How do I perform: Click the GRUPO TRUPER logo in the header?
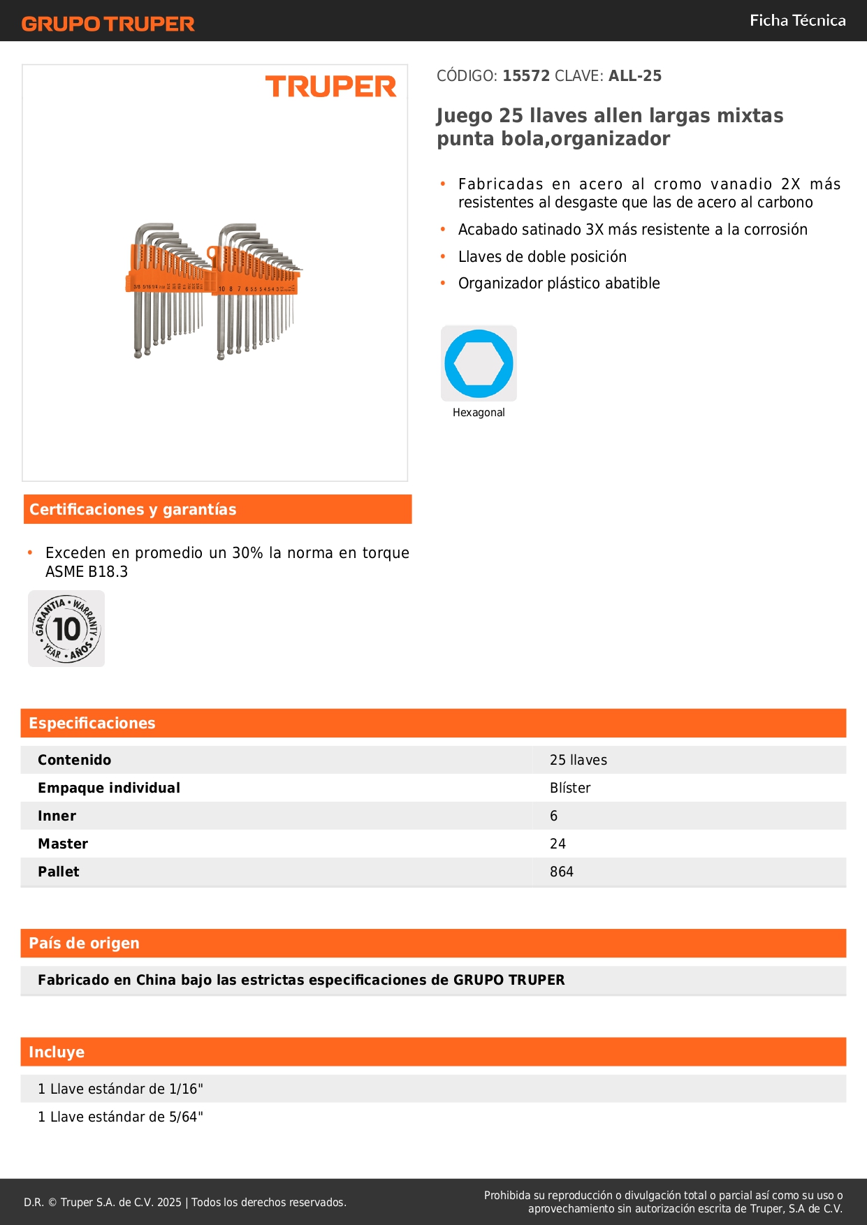pos(108,24)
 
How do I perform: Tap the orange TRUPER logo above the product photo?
pos(330,87)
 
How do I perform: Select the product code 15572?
pos(526,76)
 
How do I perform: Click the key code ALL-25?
pos(634,76)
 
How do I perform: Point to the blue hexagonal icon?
pos(479,363)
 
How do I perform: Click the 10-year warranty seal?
pos(66,629)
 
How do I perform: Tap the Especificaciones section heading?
pos(92,724)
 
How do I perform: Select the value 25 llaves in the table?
pos(578,760)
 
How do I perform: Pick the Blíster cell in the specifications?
pos(570,788)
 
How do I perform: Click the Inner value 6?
pos(554,816)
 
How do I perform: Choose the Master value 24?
pos(558,844)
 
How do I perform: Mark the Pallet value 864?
pos(561,872)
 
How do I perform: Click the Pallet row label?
pos(59,872)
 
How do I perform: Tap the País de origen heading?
pos(84,944)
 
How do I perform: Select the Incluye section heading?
pos(57,1052)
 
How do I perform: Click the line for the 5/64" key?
pos(120,1117)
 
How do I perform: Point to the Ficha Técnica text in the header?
pos(797,20)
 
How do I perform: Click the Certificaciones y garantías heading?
pos(133,510)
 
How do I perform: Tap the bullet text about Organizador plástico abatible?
pos(559,284)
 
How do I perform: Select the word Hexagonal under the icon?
pos(479,413)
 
